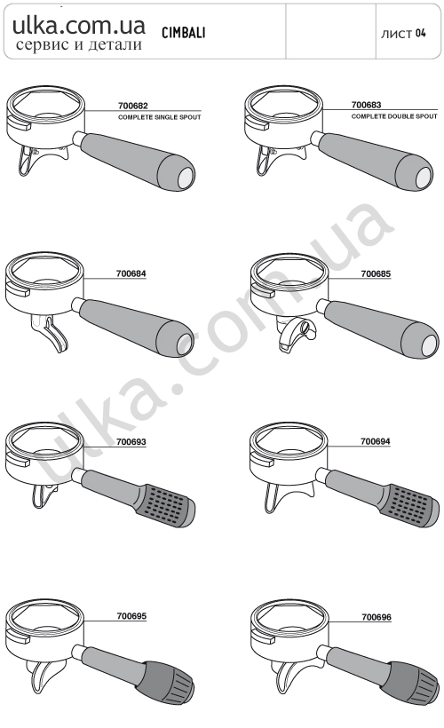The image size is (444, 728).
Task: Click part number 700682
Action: click(x=133, y=106)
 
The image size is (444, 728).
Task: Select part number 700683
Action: click(x=366, y=106)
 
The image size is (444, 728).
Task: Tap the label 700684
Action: click(x=131, y=273)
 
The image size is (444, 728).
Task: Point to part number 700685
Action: click(x=376, y=274)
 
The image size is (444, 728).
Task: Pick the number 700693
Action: click(x=131, y=442)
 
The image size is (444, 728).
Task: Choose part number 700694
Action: click(x=376, y=441)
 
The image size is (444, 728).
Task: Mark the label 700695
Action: click(x=131, y=616)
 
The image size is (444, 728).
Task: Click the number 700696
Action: click(x=377, y=617)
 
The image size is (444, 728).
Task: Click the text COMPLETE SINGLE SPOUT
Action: click(x=159, y=117)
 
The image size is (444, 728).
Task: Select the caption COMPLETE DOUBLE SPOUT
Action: click(x=394, y=116)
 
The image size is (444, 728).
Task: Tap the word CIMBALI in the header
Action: click(x=184, y=33)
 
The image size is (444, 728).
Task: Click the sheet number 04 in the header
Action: click(x=420, y=33)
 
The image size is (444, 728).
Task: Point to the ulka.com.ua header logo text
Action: click(x=79, y=26)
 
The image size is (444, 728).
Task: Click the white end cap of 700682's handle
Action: click(x=186, y=178)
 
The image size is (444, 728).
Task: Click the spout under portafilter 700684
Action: click(x=49, y=332)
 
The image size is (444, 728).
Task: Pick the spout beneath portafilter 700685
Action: click(x=296, y=333)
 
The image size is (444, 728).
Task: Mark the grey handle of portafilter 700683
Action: click(x=377, y=161)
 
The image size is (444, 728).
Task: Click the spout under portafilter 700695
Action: click(x=41, y=676)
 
